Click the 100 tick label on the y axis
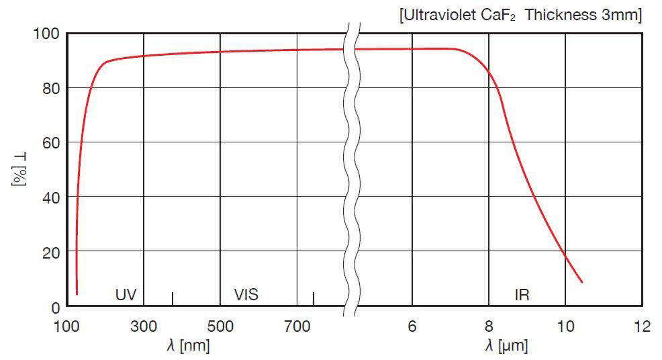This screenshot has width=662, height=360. [46, 34]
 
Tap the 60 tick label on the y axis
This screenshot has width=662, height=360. [50, 143]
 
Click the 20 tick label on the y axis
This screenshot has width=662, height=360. [50, 252]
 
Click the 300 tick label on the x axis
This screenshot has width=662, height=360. [144, 326]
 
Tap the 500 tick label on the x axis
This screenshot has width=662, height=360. [220, 326]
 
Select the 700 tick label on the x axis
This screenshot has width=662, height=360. [297, 326]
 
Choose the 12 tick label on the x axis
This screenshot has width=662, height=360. [642, 326]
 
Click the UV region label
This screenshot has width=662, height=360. [126, 294]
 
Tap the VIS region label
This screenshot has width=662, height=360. [246, 294]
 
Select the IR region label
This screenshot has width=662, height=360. [522, 294]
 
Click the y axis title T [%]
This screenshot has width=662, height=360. [19, 169]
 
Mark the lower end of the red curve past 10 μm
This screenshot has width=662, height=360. [581, 282]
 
